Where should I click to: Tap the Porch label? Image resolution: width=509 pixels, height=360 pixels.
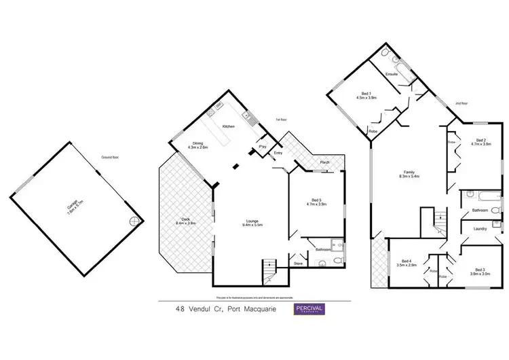point(324,162)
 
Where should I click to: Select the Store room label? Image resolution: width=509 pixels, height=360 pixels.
point(297,263)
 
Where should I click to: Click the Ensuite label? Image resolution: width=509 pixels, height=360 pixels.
point(391,73)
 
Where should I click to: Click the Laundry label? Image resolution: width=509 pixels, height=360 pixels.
point(481,230)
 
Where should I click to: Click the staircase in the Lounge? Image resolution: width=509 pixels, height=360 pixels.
point(269,272)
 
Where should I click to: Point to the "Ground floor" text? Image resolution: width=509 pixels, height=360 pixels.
point(110,158)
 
